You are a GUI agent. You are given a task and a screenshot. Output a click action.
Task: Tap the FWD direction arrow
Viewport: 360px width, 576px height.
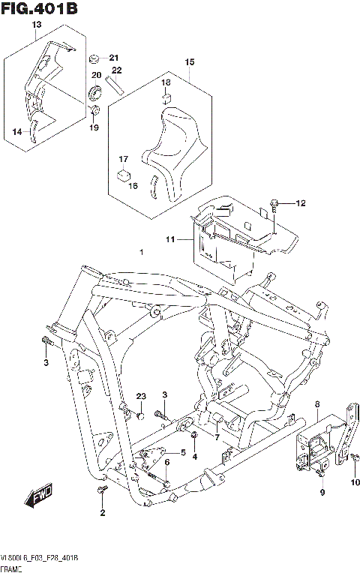point(35,497)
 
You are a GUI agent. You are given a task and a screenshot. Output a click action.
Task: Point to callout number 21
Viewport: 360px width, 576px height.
point(114,58)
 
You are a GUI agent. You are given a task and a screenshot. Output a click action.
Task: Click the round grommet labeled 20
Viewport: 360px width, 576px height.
point(96,93)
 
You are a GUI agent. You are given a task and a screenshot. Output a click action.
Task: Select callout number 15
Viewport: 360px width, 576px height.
point(190,61)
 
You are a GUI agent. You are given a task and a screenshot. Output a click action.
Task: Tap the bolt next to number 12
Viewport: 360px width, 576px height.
point(275,203)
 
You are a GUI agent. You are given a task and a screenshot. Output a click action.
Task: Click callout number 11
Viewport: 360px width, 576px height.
point(170,239)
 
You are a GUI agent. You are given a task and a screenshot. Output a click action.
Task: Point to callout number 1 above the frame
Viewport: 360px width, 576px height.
point(140,252)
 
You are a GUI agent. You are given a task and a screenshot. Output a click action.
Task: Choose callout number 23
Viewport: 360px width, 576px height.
point(140,396)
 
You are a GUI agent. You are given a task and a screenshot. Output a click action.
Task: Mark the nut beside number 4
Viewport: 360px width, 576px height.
point(193,436)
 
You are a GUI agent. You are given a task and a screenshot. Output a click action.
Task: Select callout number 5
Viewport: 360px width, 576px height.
point(182,452)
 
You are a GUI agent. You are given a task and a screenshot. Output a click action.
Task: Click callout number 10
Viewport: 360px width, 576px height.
point(357,481)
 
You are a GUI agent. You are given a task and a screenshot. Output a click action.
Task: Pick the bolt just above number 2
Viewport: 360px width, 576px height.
point(103,490)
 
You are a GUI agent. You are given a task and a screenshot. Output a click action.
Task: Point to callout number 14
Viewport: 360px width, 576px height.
point(16,132)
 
